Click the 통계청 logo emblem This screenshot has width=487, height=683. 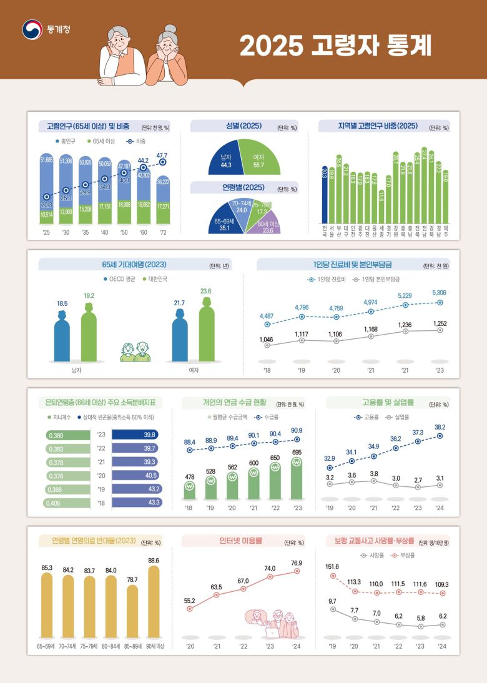(31, 29)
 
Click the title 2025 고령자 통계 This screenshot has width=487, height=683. (335, 46)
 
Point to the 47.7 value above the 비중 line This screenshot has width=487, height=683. (162, 155)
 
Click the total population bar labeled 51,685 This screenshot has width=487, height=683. (46, 181)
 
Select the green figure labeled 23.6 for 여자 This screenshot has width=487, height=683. (205, 331)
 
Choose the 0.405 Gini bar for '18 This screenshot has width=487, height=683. (67, 501)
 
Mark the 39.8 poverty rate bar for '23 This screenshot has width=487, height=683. (136, 435)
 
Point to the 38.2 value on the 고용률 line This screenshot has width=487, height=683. (440, 427)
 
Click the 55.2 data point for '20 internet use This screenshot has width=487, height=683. (190, 607)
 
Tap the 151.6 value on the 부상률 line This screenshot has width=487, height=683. (332, 567)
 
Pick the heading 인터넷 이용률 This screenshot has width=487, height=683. (239, 541)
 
